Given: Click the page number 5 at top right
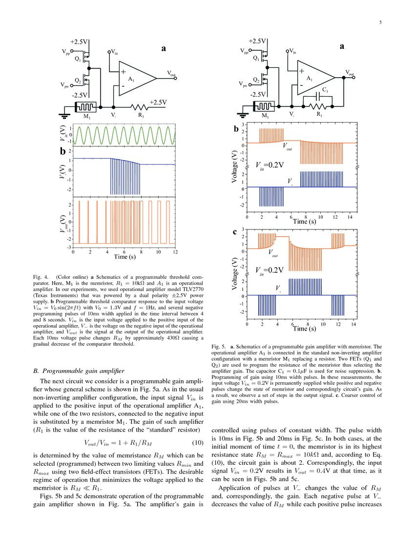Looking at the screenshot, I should [380, 22].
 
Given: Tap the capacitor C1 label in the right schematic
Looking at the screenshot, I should [325, 90].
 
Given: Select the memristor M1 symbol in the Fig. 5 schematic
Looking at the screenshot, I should [266, 106].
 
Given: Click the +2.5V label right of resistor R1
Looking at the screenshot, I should [158, 102].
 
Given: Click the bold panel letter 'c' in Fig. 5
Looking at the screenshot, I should [235, 234].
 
